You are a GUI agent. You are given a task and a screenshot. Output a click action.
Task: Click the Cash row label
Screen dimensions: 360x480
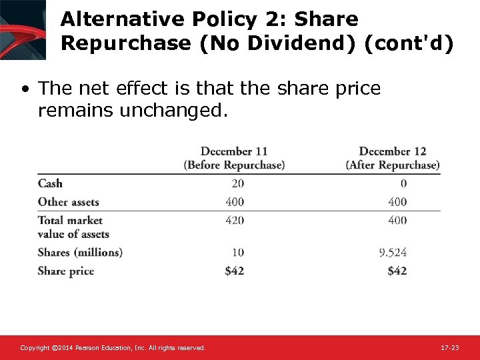50,183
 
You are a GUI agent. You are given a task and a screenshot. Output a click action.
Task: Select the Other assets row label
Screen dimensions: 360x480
68,202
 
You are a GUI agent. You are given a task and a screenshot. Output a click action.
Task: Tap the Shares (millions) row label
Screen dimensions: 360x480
80,253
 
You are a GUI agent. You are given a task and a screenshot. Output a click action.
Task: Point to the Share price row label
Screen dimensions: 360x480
66,271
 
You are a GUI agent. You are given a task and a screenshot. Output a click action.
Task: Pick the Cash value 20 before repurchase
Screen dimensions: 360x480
237,183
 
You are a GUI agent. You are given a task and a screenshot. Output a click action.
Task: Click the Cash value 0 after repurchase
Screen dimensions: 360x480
403,183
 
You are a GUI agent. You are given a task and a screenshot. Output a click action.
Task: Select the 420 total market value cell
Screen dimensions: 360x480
235,220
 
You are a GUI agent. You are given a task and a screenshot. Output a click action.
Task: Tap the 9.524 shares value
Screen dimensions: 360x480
393,253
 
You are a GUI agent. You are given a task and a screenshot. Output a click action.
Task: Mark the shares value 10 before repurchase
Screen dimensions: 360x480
238,253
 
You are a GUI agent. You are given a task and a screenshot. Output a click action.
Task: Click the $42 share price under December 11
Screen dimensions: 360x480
234,271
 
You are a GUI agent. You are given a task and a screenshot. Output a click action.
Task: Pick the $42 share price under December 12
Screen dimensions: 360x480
397,271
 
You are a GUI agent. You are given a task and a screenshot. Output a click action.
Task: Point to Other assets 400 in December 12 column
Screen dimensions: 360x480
397,202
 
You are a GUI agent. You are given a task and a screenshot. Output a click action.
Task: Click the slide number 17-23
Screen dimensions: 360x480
450,348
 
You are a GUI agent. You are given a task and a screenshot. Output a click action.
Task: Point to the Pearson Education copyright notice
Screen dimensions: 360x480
113,348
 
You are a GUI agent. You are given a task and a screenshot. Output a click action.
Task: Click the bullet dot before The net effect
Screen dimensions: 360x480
25,89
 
